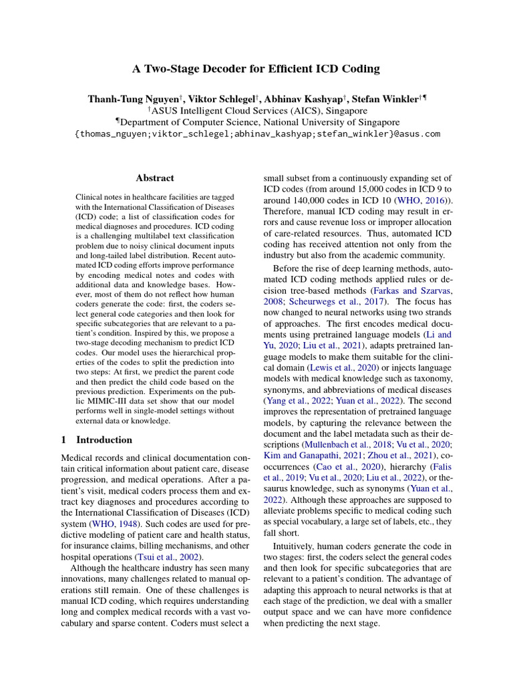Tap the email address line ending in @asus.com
pos(256,134)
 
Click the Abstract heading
pos(154,178)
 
